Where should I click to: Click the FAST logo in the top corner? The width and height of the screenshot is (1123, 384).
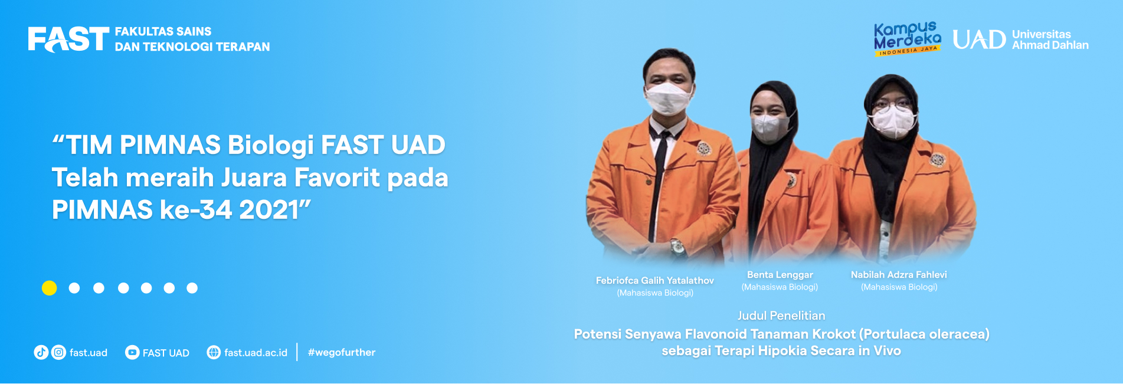point(68,40)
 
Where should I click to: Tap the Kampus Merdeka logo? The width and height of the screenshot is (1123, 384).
point(907,39)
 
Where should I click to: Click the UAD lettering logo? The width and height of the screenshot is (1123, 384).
point(979,40)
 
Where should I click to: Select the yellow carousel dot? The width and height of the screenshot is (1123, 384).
point(50,288)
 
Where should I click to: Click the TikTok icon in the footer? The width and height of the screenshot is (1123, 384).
point(41,353)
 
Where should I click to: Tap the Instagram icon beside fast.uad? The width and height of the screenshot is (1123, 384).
point(59,353)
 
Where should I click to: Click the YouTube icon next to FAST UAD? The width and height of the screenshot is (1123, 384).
point(132,353)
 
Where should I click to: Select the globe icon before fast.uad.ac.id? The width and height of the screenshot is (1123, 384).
point(214,353)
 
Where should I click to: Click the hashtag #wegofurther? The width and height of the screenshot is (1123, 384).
point(342,353)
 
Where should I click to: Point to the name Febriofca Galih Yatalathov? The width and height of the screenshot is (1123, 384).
point(655,281)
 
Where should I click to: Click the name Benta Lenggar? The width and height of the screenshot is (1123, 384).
point(780,275)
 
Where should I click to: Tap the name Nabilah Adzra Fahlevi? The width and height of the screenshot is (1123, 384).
point(899,275)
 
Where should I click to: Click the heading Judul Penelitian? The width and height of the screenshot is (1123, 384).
point(781,316)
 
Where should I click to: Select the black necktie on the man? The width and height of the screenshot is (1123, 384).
point(659,177)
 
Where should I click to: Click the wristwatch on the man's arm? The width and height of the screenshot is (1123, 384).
point(677,247)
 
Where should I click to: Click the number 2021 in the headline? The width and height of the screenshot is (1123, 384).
point(270,210)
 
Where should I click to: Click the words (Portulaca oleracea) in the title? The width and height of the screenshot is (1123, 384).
point(924,334)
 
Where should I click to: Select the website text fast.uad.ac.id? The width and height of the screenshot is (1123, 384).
point(256,353)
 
